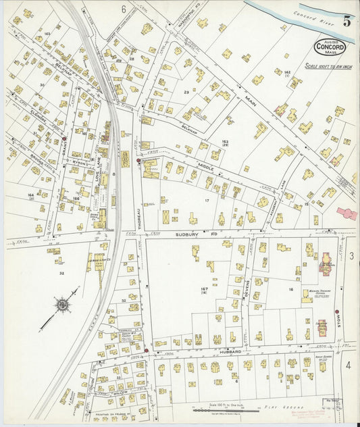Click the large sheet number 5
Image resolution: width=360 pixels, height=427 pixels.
coord(346,21)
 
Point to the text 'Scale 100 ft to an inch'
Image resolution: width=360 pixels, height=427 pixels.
coord(329,66)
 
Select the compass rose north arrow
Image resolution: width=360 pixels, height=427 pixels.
coord(61,306)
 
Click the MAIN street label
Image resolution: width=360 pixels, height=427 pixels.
coord(251,103)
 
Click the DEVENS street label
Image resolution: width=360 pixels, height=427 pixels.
coord(247,284)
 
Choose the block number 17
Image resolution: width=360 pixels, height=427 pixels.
coord(207,200)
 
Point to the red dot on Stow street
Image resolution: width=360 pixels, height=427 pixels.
coord(336,311)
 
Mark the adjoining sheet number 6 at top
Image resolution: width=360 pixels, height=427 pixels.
coord(124,9)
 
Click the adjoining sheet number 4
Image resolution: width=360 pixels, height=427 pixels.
coord(349,365)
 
